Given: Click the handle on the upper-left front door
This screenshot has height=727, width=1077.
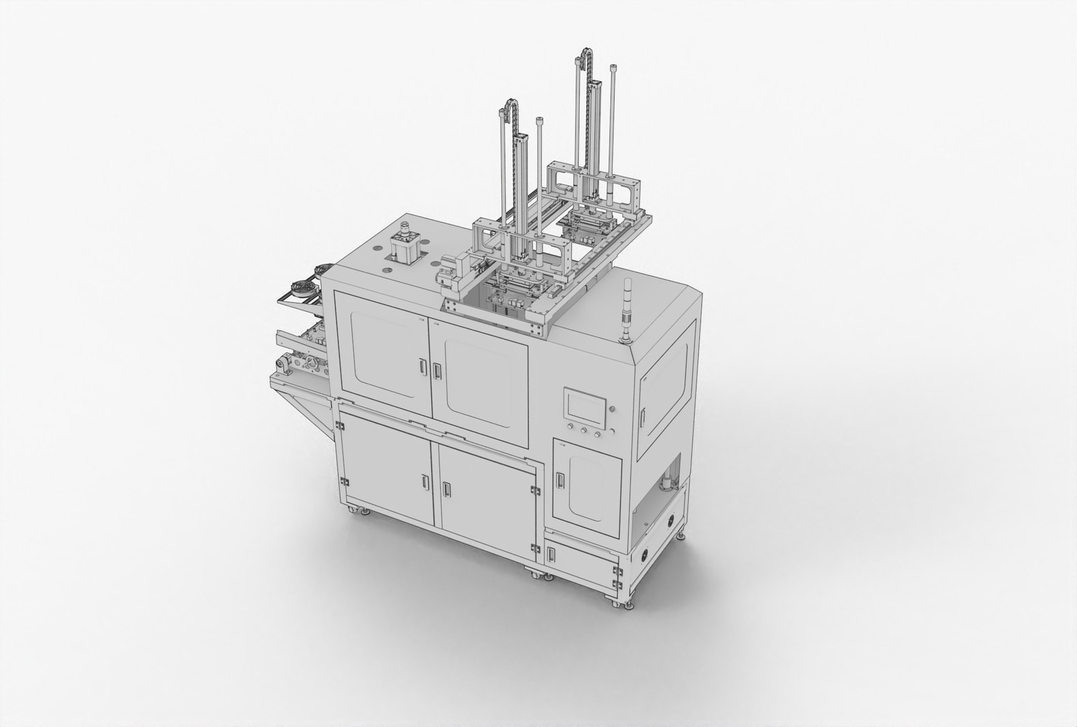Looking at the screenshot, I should pyautogui.click(x=422, y=367).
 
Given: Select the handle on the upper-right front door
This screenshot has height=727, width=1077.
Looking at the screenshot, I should pyautogui.click(x=436, y=371).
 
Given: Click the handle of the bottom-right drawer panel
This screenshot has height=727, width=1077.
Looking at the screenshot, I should pyautogui.click(x=552, y=554).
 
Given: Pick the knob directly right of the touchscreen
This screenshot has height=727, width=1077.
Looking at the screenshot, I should pyautogui.click(x=612, y=409).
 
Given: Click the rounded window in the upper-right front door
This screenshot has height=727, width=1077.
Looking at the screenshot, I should pyautogui.click(x=487, y=382).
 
